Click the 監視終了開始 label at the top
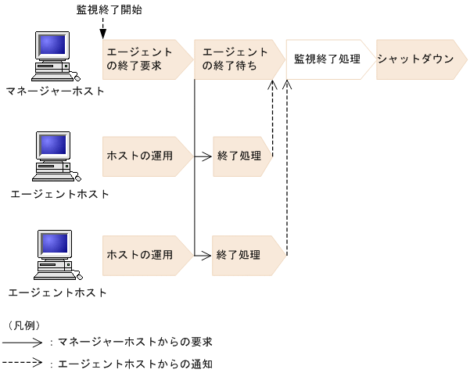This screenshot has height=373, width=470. [109, 11]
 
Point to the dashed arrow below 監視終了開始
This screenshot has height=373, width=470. [102, 27]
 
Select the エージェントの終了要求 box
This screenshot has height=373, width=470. [145, 59]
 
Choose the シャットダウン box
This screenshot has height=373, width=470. [414, 59]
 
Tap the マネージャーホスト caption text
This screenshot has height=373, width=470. [55, 91]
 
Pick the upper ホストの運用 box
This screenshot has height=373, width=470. [145, 156]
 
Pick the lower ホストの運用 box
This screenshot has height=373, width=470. [145, 255]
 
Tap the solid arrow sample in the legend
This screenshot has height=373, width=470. [23, 343]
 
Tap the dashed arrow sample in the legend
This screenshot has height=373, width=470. [23, 364]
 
